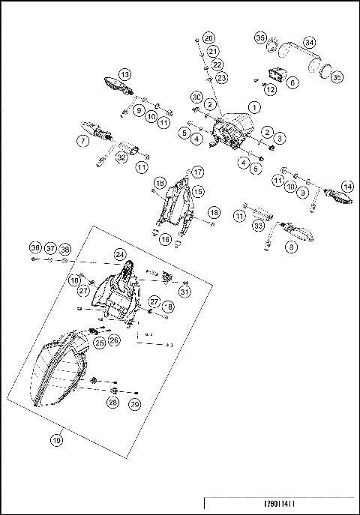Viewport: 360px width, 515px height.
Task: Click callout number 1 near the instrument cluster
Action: coord(254,107)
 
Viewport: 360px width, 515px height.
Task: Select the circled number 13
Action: coord(124,74)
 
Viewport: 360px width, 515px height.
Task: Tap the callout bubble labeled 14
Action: coord(346,186)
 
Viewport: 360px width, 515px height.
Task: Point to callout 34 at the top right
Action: coord(309,42)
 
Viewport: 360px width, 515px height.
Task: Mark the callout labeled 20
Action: coord(208,38)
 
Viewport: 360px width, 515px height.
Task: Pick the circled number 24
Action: coord(119,255)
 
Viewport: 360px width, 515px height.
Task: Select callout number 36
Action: coord(34,248)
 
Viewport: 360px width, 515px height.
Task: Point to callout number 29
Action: coord(136,404)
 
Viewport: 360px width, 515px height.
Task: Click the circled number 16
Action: coord(166,239)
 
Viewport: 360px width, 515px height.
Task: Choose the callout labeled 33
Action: coord(260,224)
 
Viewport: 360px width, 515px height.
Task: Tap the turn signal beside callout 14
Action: coord(335,198)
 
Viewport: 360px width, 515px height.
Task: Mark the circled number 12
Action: coord(271,89)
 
